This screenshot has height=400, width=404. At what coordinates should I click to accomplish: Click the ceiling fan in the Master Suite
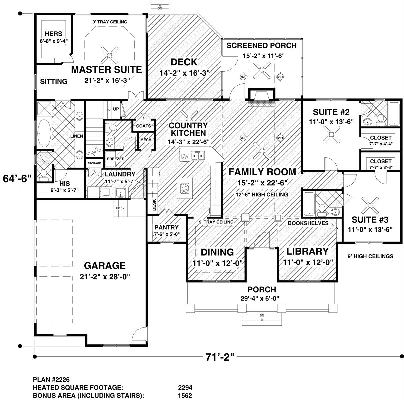click(x=109, y=55)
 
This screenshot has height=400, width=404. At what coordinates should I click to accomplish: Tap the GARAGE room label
click(x=105, y=266)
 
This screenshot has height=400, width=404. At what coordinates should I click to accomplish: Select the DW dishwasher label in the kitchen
click(x=185, y=156)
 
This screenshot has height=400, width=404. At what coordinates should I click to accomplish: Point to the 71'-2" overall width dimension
click(x=220, y=357)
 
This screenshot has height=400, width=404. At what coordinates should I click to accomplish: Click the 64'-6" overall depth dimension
click(x=17, y=179)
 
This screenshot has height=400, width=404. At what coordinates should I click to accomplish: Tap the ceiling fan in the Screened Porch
click(x=262, y=70)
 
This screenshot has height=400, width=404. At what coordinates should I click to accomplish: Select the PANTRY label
click(x=166, y=227)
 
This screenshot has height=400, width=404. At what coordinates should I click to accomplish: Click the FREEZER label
click(x=116, y=159)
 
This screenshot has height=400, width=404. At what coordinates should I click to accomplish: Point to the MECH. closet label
click(x=146, y=140)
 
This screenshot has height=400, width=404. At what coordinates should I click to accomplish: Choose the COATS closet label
click(x=143, y=126)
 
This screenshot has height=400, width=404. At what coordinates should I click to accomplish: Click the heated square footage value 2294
click(x=185, y=387)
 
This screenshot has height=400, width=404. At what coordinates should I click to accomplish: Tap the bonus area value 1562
click(x=185, y=395)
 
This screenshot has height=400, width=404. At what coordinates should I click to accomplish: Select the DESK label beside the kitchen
click(x=154, y=205)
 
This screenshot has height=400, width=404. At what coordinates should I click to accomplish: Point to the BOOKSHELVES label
click(x=308, y=223)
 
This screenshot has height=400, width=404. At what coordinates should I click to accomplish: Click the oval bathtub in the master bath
click(x=44, y=133)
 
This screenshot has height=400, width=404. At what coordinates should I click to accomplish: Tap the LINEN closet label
click(x=77, y=136)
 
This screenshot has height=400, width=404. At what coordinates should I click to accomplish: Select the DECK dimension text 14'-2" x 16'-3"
click(x=184, y=73)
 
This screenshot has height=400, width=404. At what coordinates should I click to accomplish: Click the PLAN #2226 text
click(x=51, y=379)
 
